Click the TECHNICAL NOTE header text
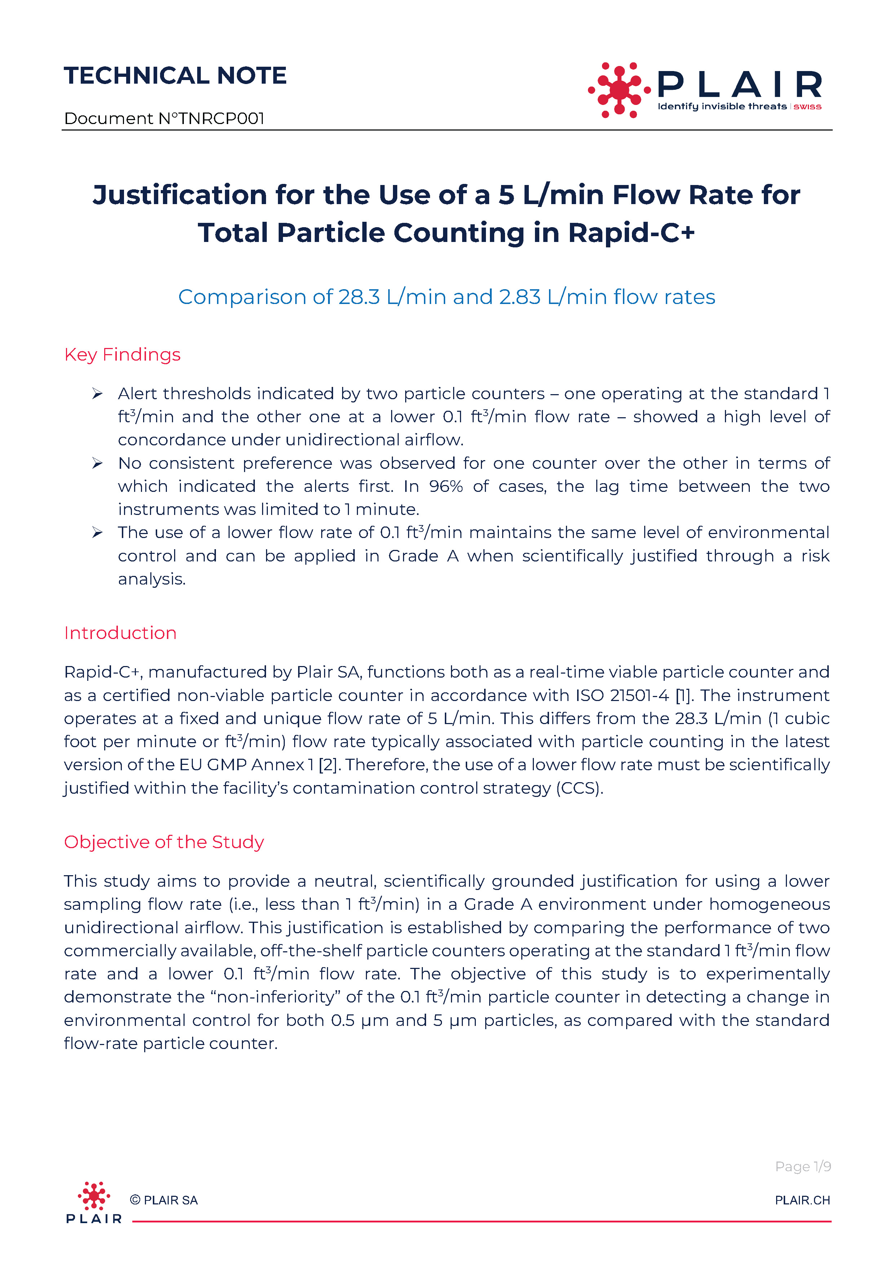(175, 75)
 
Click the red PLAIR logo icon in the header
(619, 90)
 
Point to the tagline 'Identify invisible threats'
(722, 106)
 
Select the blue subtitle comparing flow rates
(446, 297)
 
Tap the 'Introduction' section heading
(120, 633)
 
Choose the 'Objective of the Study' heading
(164, 842)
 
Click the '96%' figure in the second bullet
(446, 486)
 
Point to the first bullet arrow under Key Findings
(97, 393)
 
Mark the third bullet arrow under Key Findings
(97, 532)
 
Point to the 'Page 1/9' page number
(802, 1167)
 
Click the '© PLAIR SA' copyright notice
(164, 1200)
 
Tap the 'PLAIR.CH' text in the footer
(802, 1200)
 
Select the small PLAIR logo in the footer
(94, 1202)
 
